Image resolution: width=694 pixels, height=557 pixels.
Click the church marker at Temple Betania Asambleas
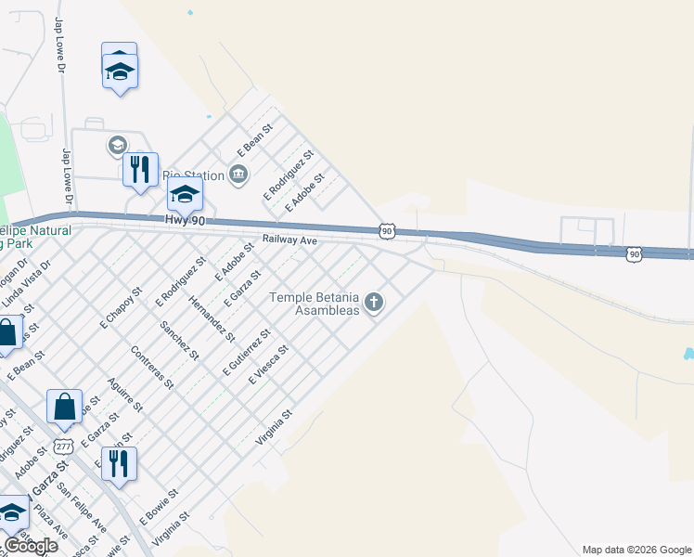point(374,301)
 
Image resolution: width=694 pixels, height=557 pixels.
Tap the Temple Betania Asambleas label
point(314,304)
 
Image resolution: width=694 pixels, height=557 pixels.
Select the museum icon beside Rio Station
point(239,175)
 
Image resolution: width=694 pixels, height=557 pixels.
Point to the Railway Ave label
point(289,240)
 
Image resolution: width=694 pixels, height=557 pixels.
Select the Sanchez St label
point(179,340)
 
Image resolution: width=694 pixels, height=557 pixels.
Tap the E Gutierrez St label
point(246,353)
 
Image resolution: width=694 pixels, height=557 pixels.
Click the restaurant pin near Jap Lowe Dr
point(140,170)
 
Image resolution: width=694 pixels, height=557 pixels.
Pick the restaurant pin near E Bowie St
point(119,464)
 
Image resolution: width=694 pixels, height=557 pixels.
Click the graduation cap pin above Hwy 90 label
point(185,195)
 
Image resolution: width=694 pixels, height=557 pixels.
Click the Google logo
point(31,546)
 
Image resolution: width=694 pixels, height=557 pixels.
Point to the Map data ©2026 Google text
point(636,550)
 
